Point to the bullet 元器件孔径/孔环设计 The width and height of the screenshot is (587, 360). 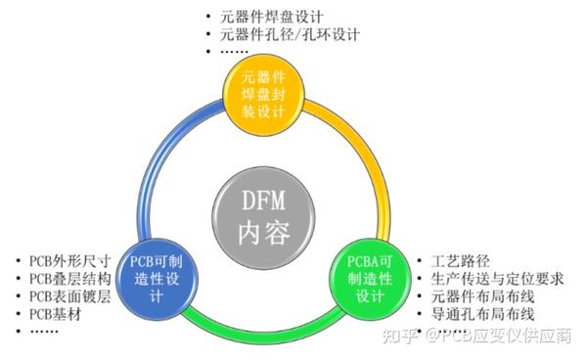[291, 34]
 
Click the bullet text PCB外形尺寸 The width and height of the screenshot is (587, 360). [69, 261]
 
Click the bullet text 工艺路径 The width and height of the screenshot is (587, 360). [460, 261]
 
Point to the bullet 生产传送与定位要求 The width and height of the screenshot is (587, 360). [497, 279]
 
